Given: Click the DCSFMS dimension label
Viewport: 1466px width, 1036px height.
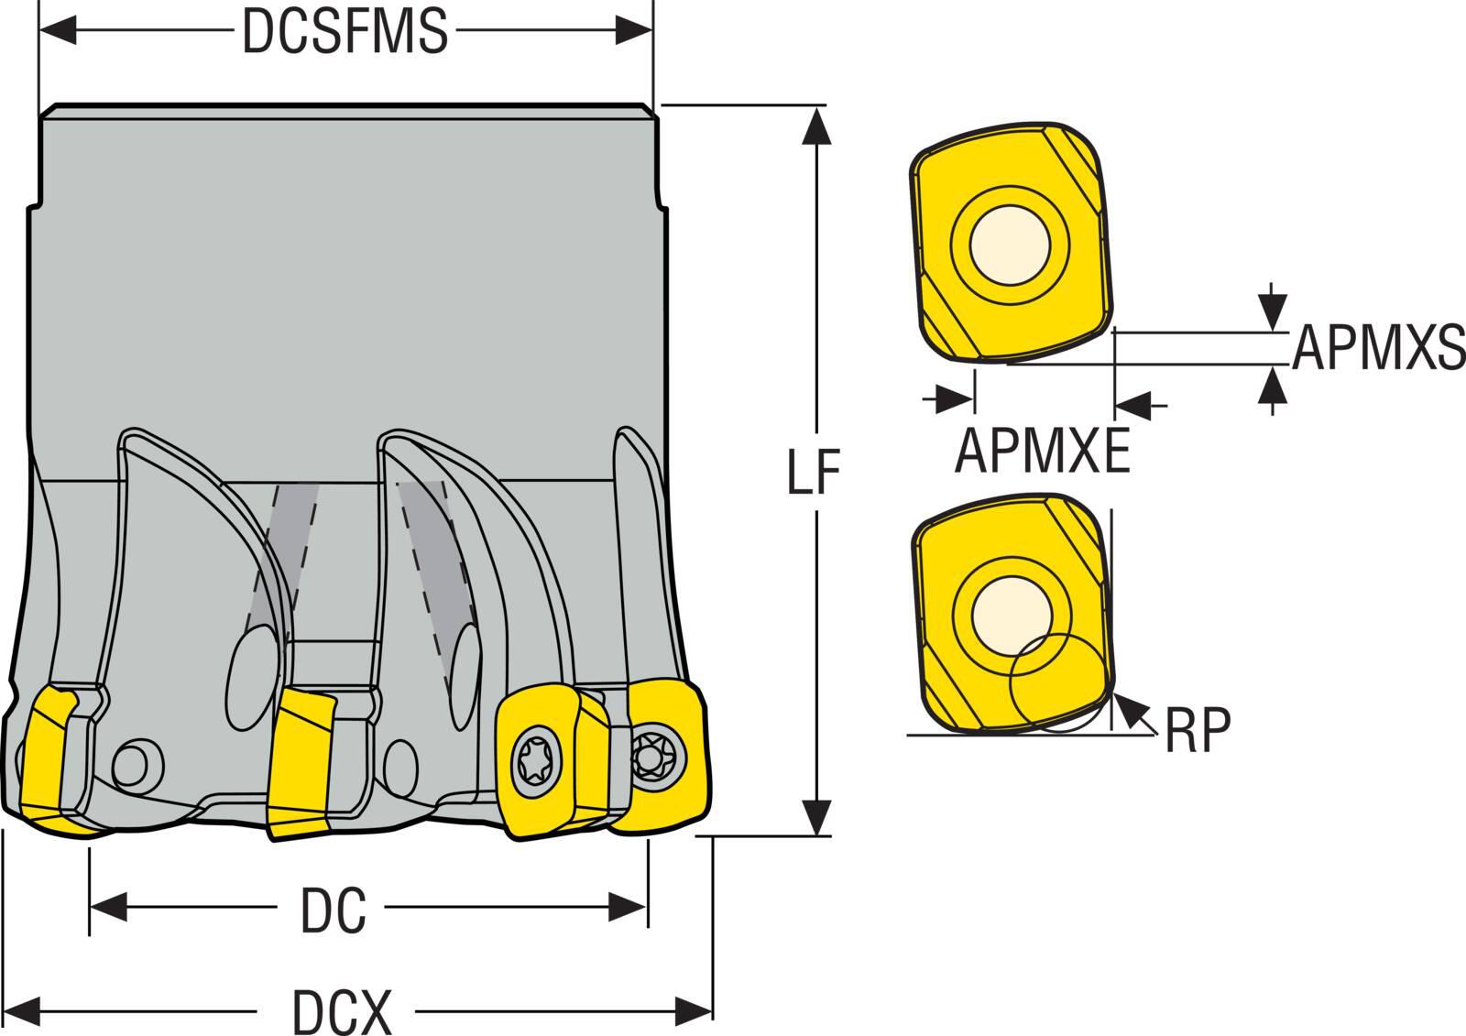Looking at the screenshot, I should pyautogui.click(x=345, y=32).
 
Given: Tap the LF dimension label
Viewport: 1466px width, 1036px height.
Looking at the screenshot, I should pyautogui.click(x=815, y=472).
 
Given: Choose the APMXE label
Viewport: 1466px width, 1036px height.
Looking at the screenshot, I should pyautogui.click(x=1042, y=451).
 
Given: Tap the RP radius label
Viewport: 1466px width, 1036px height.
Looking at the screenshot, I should pyautogui.click(x=1198, y=729).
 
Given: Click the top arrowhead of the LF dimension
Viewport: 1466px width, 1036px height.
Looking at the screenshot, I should pyautogui.click(x=813, y=125).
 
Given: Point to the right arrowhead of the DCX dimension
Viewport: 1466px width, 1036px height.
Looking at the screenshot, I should pyautogui.click(x=698, y=1012).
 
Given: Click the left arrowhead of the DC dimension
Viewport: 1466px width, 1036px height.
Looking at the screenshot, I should pyautogui.click(x=105, y=909).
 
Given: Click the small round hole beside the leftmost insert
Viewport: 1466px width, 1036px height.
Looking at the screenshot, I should pyautogui.click(x=137, y=762).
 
